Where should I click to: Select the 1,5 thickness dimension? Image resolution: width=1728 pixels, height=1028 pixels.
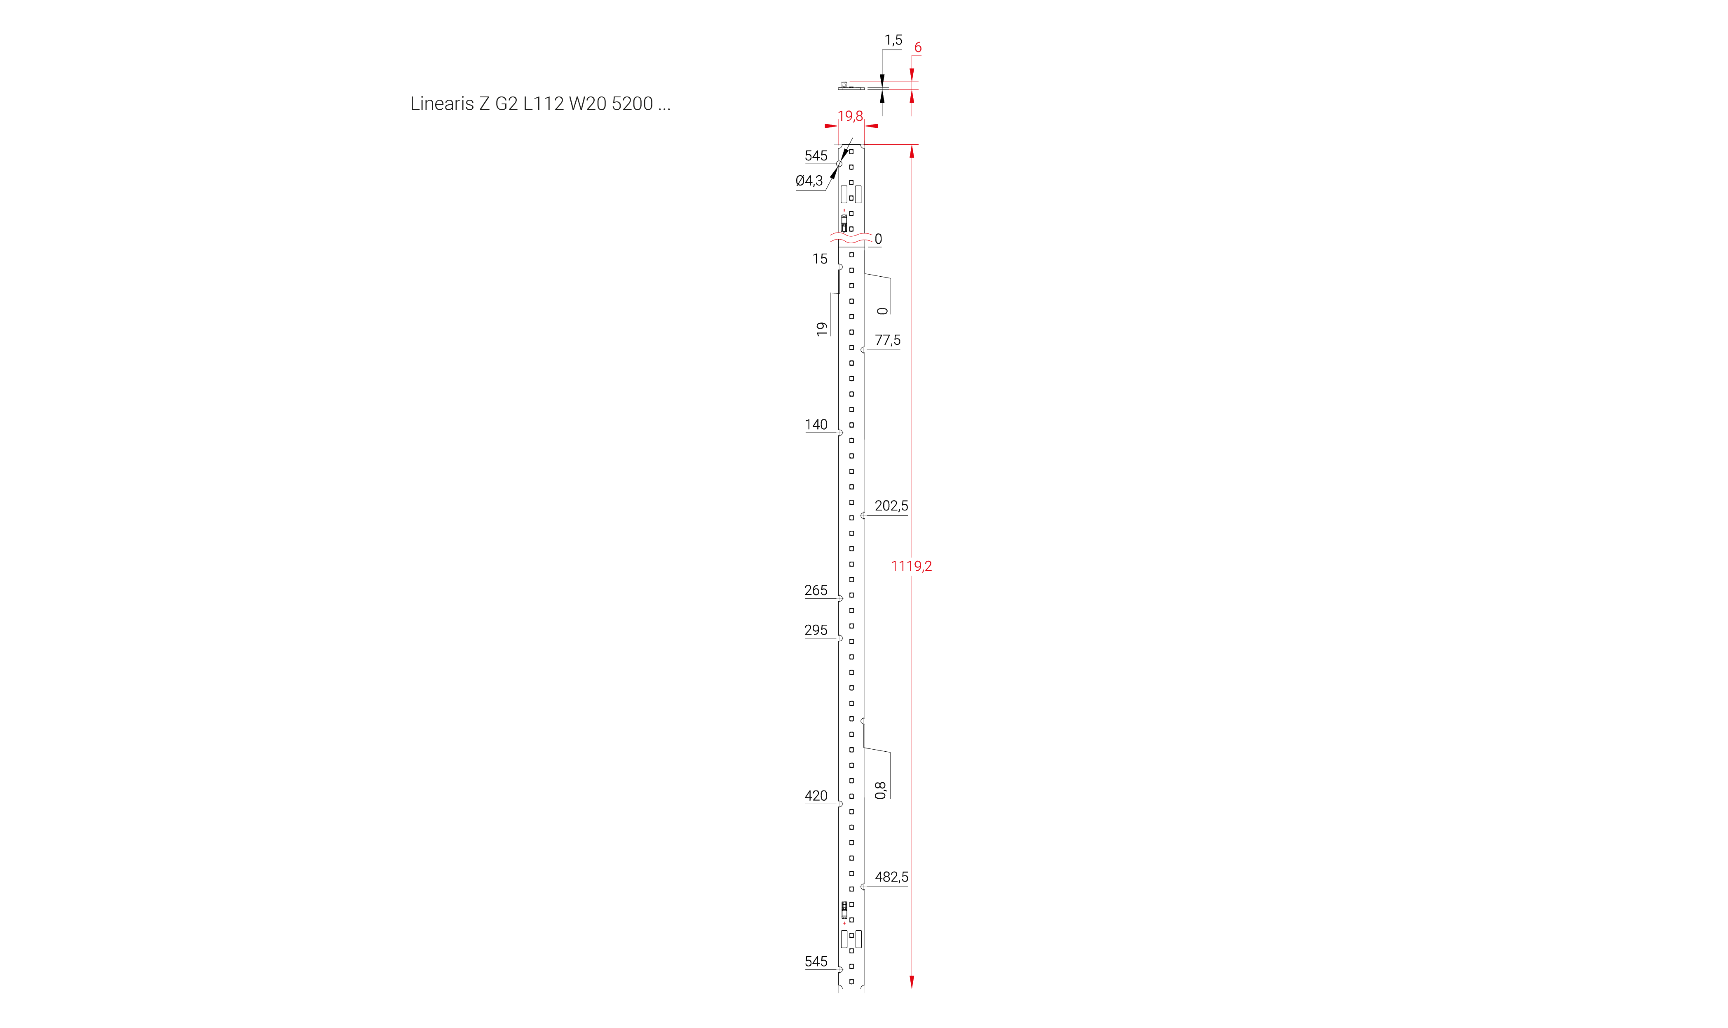893,40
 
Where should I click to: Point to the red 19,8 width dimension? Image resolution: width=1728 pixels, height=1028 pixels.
850,116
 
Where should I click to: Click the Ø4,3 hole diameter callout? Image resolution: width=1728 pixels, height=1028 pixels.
809,181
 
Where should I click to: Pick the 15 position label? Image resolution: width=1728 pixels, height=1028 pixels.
820,259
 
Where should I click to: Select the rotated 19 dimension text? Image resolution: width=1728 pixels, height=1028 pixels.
822,329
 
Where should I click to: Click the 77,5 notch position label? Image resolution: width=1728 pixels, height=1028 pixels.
888,340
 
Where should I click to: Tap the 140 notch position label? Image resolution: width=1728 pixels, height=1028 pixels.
816,425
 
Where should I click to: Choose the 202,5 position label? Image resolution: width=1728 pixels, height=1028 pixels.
891,506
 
